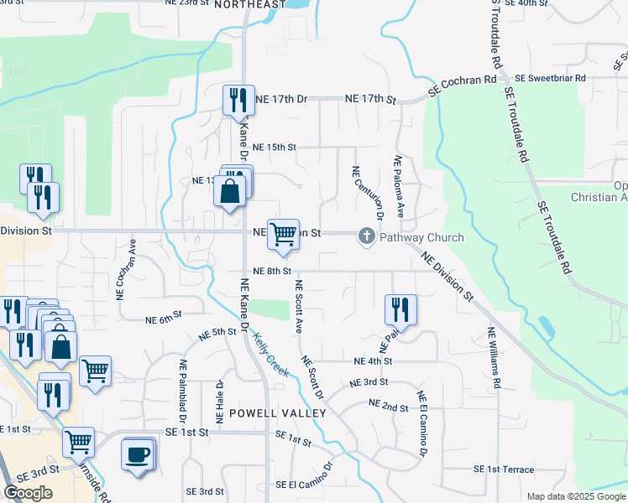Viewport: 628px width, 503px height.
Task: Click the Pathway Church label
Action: point(421,237)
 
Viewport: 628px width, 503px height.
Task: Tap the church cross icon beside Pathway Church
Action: point(366,237)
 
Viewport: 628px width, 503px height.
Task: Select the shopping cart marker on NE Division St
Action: point(284,235)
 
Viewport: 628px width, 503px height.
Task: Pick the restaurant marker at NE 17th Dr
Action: point(237,101)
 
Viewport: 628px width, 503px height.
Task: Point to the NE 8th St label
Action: point(271,271)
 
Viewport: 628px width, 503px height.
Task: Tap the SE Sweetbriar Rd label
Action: point(551,77)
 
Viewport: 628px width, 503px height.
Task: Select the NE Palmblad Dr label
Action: point(182,391)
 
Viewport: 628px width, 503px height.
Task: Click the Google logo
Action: point(28,493)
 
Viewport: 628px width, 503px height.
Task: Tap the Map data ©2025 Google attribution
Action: point(575,496)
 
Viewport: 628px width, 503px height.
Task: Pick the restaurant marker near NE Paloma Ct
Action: point(400,309)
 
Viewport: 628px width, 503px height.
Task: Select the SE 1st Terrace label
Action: point(504,469)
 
